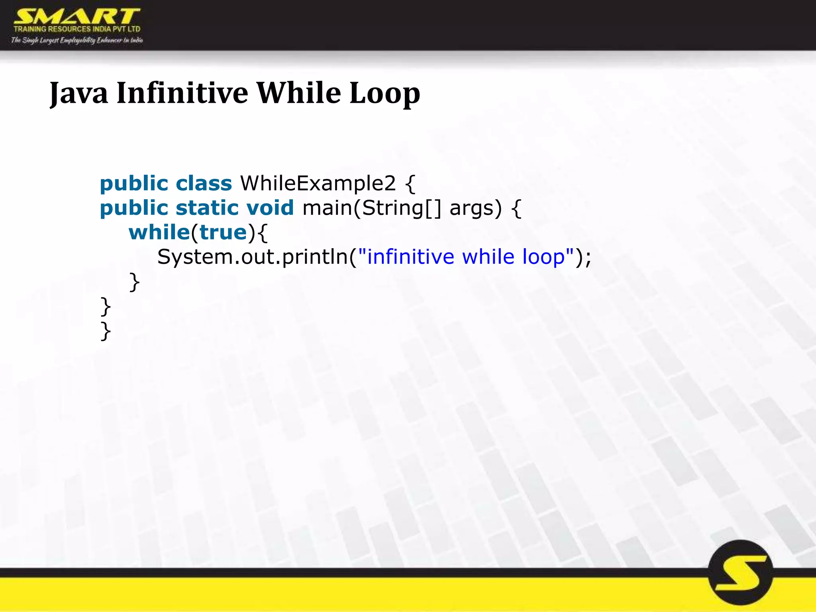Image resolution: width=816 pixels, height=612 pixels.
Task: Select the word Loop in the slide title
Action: point(384,94)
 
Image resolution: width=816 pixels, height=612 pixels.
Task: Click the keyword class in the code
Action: point(204,183)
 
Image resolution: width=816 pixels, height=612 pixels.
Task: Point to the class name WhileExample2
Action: point(318,183)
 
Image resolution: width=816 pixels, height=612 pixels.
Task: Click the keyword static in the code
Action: point(206,208)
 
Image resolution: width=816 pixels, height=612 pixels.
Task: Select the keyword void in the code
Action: point(270,208)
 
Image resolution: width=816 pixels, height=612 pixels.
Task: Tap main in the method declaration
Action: point(327,208)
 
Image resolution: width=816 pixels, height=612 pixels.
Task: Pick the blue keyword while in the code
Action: point(159,232)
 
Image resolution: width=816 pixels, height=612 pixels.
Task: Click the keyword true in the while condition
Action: point(223,232)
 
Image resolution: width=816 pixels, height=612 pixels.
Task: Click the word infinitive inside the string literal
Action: point(410,257)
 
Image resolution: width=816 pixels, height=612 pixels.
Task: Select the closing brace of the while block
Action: point(135,282)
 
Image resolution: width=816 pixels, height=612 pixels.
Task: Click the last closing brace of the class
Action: point(106,331)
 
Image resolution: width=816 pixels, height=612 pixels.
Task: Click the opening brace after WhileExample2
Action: point(410,184)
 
